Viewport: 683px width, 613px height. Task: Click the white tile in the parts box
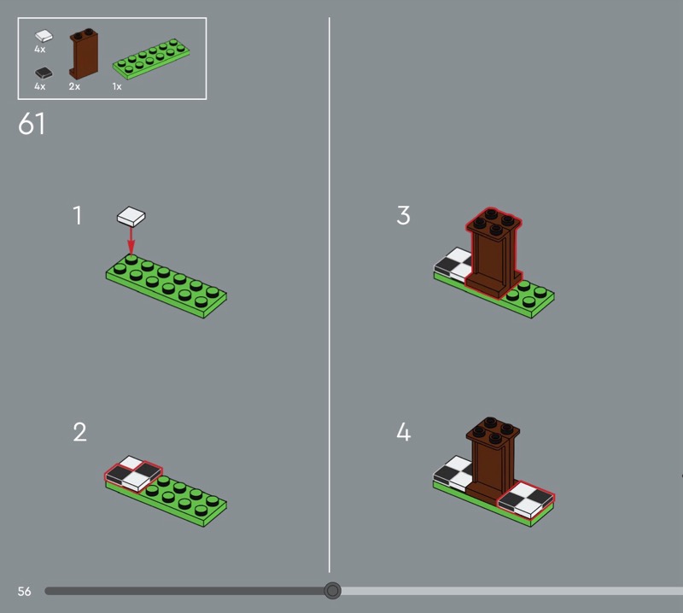[x=44, y=36]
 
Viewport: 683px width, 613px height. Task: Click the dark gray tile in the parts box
[x=44, y=73]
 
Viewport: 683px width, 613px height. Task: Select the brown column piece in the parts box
[x=84, y=54]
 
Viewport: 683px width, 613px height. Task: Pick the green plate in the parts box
[x=151, y=59]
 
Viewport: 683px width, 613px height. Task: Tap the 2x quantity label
[x=74, y=86]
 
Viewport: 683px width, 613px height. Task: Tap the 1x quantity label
[x=117, y=86]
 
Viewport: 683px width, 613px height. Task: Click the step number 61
[x=32, y=124]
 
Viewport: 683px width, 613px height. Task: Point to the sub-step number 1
[x=77, y=215]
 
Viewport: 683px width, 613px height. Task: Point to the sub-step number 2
[x=79, y=432]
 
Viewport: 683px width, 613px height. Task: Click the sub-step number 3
[x=403, y=215]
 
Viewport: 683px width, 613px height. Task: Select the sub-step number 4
[x=403, y=432]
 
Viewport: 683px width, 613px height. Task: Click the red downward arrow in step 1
[x=131, y=241]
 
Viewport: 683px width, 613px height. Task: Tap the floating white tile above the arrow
[x=131, y=217]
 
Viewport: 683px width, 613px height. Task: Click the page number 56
[x=25, y=591]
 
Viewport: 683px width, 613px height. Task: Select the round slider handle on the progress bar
[x=332, y=591]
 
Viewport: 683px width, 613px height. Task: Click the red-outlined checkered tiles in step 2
[x=133, y=474]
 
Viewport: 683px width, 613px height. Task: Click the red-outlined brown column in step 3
[x=493, y=254]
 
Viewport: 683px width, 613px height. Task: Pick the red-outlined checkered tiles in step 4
[x=526, y=499]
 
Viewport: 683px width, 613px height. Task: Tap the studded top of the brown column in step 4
[x=493, y=430]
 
